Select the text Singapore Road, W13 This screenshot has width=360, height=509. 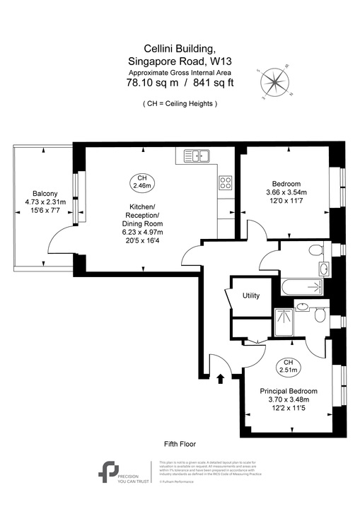click(180, 61)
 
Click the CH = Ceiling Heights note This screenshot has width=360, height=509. click(180, 104)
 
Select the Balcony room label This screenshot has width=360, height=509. click(45, 194)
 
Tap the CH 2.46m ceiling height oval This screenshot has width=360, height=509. click(142, 182)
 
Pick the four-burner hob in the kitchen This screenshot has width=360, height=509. click(226, 183)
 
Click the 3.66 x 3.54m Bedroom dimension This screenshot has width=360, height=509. click(288, 192)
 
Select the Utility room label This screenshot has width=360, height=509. click(251, 296)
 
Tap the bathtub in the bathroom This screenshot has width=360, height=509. click(301, 287)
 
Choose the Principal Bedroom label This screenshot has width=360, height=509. click(289, 391)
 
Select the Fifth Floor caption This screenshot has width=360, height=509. click(180, 444)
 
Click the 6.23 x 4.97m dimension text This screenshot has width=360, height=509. click(142, 233)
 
